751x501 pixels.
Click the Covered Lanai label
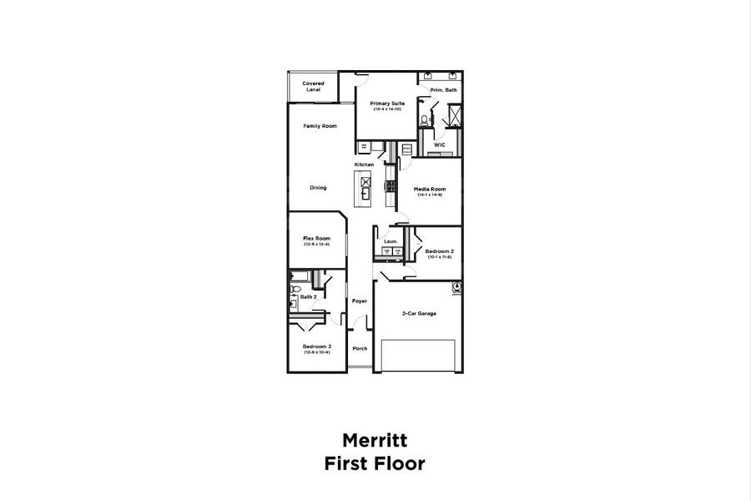pos(314,86)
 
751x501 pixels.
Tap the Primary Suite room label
pos(387,103)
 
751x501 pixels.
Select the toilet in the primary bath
pos(425,120)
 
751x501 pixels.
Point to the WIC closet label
pos(440,144)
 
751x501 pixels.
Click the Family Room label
pos(320,125)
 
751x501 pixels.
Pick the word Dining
pos(318,188)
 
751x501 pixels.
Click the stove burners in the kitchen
pos(391,185)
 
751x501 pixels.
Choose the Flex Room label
pos(316,238)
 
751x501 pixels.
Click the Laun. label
pos(391,242)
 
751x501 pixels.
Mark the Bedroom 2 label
pos(439,251)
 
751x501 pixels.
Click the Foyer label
pos(360,301)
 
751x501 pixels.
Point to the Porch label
pos(360,348)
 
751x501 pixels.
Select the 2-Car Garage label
pos(419,313)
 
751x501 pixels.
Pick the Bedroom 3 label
pos(317,347)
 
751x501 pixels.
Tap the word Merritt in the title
pos(375,439)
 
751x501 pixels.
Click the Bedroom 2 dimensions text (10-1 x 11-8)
pos(439,257)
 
